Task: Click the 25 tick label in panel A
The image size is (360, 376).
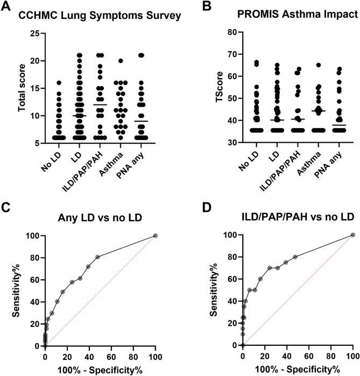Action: pyautogui.click(x=34, y=34)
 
